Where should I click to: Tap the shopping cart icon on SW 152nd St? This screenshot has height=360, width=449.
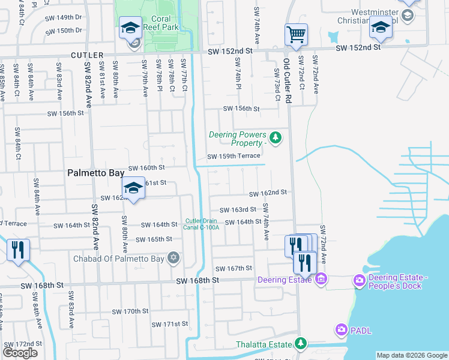296,35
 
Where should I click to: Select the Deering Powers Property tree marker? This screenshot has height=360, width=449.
276,139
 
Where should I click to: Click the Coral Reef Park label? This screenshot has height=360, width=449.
165,23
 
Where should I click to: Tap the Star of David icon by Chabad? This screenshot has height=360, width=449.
173,259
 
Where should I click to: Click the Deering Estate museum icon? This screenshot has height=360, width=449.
321,280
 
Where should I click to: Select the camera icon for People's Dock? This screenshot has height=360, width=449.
360,280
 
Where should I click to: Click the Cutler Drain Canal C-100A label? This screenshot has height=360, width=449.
202,224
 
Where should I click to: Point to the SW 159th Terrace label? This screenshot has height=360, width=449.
234,157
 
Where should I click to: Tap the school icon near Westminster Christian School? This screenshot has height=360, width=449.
380,26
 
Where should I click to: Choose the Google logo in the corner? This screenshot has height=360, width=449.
20,352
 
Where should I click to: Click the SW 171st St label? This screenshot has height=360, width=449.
167,323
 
